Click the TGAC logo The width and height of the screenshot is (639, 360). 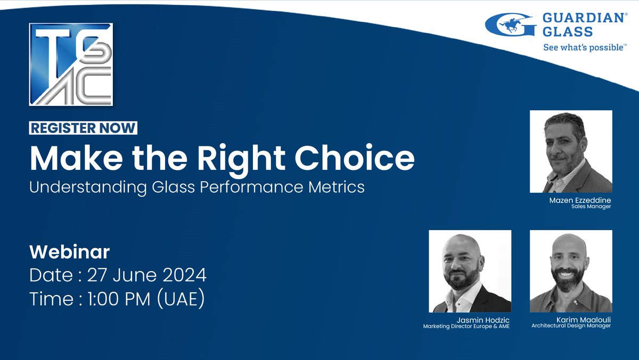click(71, 64)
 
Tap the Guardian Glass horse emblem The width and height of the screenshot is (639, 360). click(510, 26)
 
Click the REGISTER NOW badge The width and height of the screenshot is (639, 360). click(83, 128)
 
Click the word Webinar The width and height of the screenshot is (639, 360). click(69, 251)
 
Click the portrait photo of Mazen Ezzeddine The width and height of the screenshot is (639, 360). click(571, 151)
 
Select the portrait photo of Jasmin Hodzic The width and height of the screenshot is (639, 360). click(470, 271)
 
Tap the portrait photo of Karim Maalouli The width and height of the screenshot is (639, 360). click(571, 271)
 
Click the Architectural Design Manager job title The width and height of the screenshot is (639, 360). click(571, 325)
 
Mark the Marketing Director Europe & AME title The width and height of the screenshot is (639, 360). click(466, 326)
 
